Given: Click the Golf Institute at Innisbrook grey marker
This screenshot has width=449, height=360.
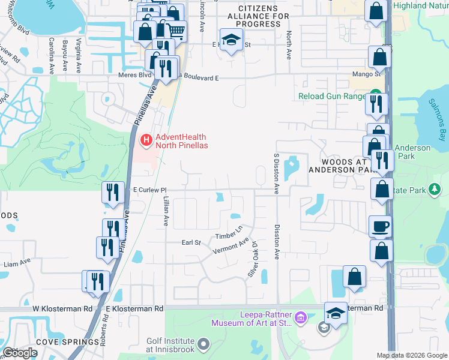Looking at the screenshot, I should click(203, 344).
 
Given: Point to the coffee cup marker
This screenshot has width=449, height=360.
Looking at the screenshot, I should click(380, 227).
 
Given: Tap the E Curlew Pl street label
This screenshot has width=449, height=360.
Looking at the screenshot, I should click(149, 190).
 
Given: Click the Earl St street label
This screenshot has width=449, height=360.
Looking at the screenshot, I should click(191, 242).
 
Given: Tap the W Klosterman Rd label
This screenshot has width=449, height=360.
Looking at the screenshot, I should click(62, 308).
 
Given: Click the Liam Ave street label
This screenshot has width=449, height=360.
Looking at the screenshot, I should click(16, 262).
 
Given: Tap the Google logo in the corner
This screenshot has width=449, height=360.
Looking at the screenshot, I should click(20, 353).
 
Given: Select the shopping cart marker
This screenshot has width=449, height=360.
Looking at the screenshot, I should click(176, 30).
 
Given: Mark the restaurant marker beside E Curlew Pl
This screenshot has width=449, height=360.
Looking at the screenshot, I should click(113, 193).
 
